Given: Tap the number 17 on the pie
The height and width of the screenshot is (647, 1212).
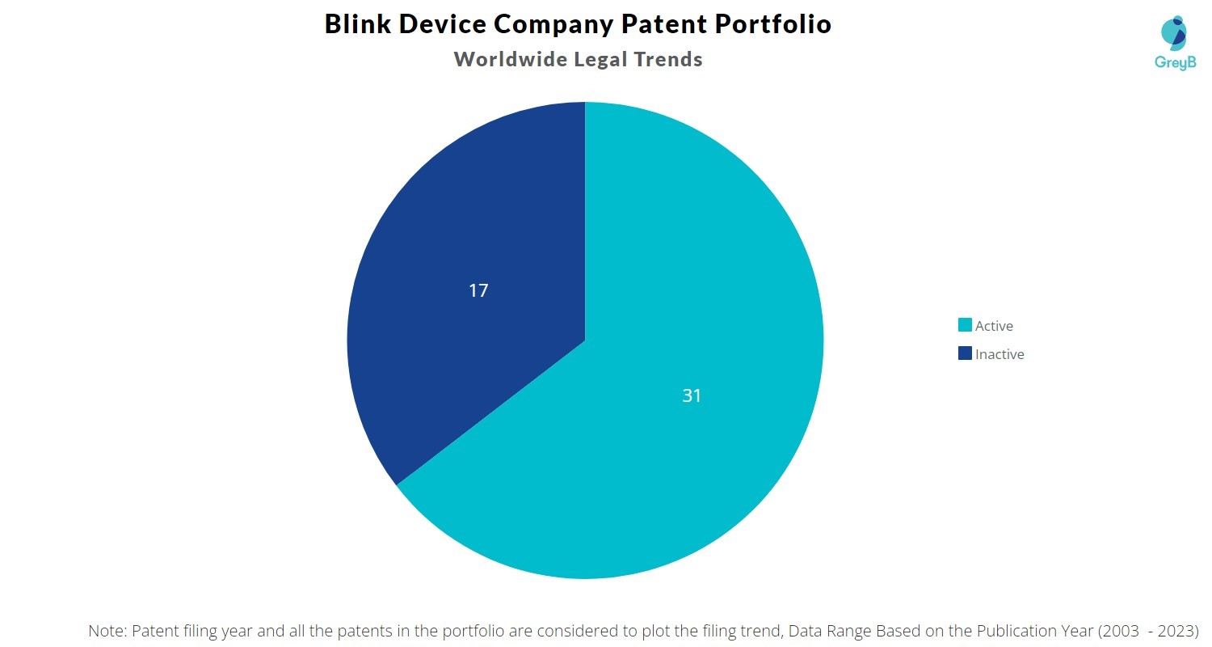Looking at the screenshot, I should click(478, 290).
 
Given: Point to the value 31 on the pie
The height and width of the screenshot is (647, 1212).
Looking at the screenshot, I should click(692, 395).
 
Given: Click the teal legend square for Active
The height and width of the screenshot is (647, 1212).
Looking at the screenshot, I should click(965, 325).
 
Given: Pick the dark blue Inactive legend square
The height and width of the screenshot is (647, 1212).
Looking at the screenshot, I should click(965, 353).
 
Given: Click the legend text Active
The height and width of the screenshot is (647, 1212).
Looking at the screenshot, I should click(994, 326).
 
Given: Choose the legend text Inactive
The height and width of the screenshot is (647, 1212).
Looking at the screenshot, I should click(999, 354).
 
